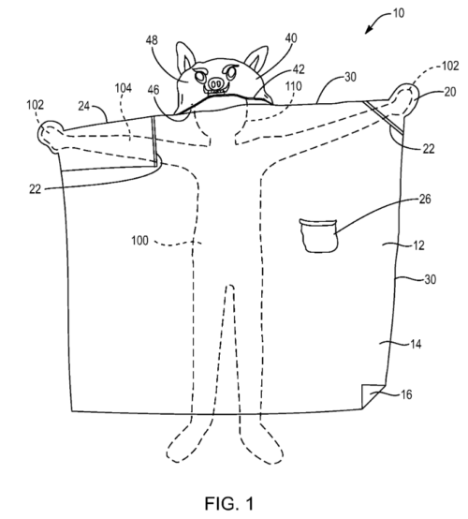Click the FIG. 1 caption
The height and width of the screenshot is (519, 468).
[x=229, y=503]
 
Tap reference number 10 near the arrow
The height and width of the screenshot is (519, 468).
[x=399, y=13]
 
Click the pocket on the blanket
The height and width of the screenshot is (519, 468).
[x=319, y=235]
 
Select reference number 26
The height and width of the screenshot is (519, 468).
[x=425, y=199]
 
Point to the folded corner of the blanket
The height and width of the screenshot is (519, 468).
[x=371, y=395]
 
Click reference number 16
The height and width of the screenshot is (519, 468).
[x=406, y=394]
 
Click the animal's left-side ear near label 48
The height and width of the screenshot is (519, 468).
[x=184, y=57]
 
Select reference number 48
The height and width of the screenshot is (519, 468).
[x=152, y=40]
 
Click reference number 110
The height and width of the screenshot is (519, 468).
[x=293, y=86]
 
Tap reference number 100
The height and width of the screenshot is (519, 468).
[x=139, y=241]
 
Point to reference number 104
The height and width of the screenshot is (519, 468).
[x=123, y=88]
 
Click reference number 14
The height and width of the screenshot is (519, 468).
[x=416, y=344]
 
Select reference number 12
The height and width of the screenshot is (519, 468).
[x=418, y=245]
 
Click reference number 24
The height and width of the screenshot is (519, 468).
[x=84, y=106]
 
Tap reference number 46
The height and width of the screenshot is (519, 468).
[x=154, y=90]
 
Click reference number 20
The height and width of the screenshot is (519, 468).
[x=450, y=92]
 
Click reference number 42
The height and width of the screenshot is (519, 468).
[x=299, y=69]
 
